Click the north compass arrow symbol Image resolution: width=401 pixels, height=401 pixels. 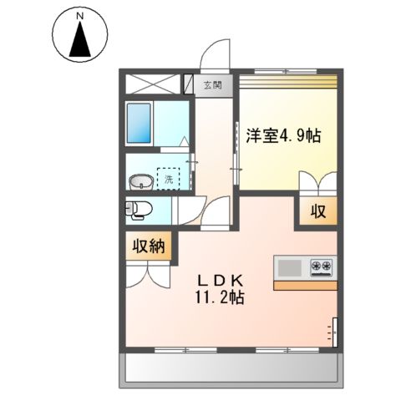click(x=80, y=39)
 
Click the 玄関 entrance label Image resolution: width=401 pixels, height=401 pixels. click(x=212, y=84)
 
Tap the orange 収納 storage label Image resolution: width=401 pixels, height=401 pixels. click(x=150, y=246)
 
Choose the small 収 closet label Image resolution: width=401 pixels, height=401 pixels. click(x=319, y=212)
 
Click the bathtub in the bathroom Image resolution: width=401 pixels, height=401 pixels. click(x=140, y=124)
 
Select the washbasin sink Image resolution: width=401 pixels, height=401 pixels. click(x=141, y=180)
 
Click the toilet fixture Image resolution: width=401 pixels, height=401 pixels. click(x=137, y=208)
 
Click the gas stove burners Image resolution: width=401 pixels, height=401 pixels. click(x=322, y=267)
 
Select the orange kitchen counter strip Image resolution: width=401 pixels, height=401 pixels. click(x=305, y=285)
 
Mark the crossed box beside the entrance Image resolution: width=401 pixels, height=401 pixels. click(x=154, y=84)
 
